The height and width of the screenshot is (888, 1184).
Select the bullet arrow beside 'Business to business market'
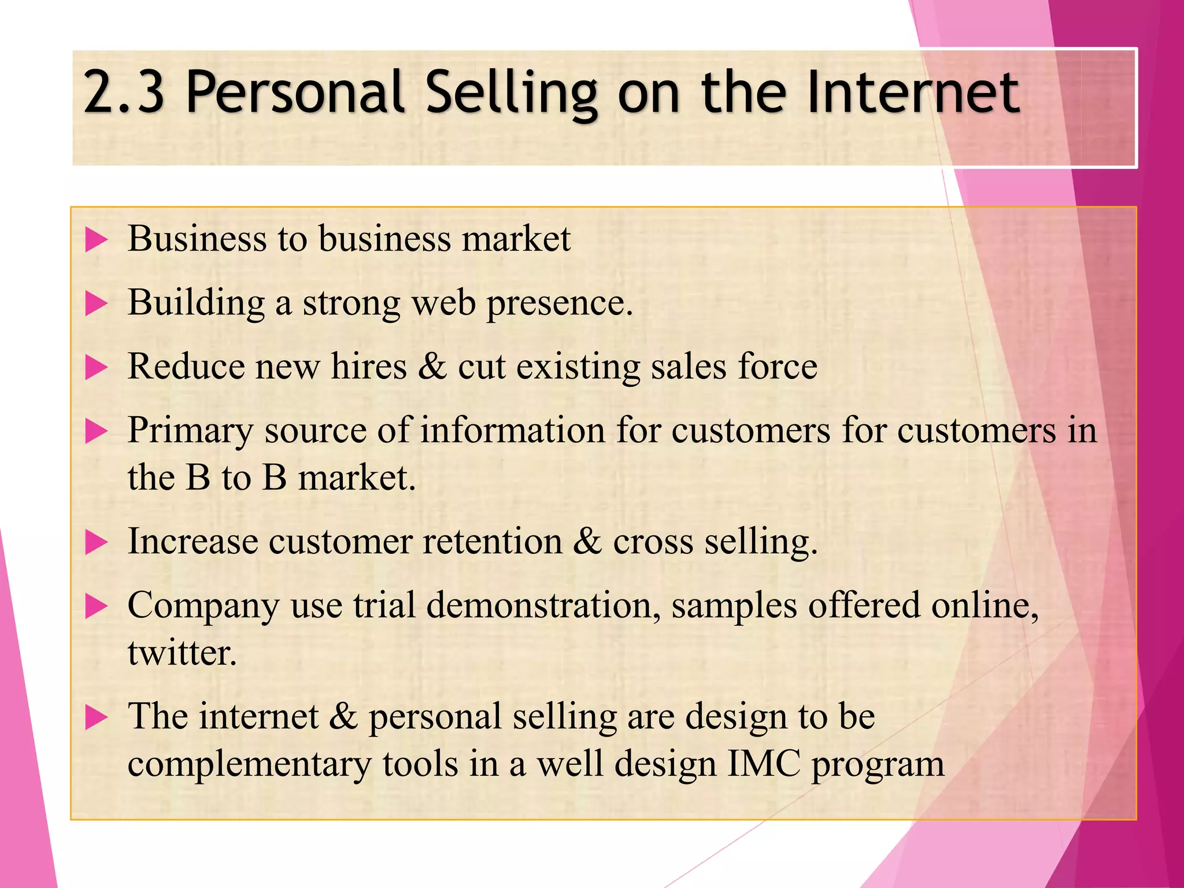pyautogui.click(x=96, y=239)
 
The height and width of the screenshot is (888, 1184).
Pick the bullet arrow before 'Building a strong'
pyautogui.click(x=96, y=304)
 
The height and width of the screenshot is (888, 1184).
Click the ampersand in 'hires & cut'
pyautogui.click(x=432, y=367)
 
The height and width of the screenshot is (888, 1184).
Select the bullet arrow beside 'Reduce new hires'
pyautogui.click(x=96, y=368)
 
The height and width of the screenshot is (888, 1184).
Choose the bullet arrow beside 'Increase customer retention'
pyautogui.click(x=96, y=542)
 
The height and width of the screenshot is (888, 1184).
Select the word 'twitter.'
pyautogui.click(x=182, y=653)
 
